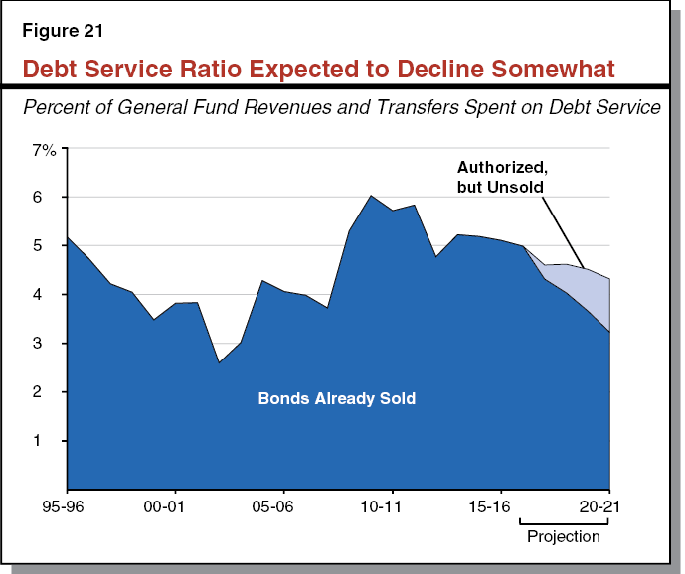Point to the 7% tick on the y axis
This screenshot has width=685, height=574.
tap(45, 150)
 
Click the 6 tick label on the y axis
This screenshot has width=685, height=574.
tap(48, 198)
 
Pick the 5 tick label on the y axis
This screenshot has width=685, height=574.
tap(48, 246)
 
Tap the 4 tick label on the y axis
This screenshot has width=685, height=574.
tap(48, 295)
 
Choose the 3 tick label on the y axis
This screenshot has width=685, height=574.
tap(48, 344)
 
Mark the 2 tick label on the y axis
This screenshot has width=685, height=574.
tap(48, 392)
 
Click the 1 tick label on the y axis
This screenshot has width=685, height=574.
tap(48, 441)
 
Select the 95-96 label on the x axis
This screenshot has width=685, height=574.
tap(67, 504)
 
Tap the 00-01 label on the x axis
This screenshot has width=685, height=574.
tap(175, 504)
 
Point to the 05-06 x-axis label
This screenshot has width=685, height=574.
tap(283, 504)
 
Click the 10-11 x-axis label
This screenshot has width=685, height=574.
tap(392, 504)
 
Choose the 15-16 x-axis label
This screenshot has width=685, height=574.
tap(500, 504)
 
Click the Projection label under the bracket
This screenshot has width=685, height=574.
tap(563, 537)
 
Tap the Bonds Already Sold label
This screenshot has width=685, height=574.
tap(336, 399)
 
